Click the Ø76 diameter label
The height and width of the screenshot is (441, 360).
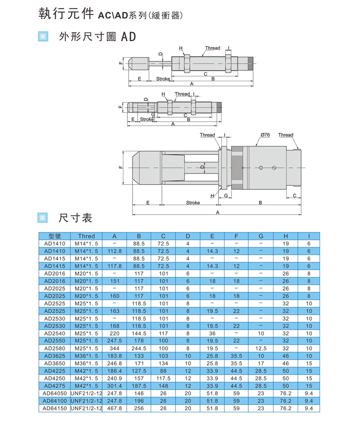point(265,135)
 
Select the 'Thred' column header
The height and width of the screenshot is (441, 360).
point(86,236)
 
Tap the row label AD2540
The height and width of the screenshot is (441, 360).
point(55,333)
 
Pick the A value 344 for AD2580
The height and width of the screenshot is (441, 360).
point(114,348)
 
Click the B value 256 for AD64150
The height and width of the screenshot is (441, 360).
point(139,408)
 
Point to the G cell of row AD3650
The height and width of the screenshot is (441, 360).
point(261,363)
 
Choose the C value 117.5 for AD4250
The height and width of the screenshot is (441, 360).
point(163,379)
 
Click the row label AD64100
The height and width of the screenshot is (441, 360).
point(55,401)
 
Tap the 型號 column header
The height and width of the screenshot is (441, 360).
point(55,236)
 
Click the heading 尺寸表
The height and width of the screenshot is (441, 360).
point(75,218)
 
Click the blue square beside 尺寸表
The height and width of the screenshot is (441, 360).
point(43,218)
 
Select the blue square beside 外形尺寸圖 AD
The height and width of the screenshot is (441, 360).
point(43,37)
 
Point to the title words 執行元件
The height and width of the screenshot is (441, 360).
point(66,13)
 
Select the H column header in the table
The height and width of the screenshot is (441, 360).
point(286,236)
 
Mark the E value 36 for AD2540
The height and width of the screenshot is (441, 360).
point(212,333)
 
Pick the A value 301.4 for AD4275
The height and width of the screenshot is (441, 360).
point(114,386)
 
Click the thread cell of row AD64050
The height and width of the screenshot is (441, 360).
point(86,393)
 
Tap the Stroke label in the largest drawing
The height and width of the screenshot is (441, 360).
point(193,203)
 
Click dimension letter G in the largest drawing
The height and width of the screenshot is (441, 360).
point(226,196)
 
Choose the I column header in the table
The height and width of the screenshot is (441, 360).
point(309,236)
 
